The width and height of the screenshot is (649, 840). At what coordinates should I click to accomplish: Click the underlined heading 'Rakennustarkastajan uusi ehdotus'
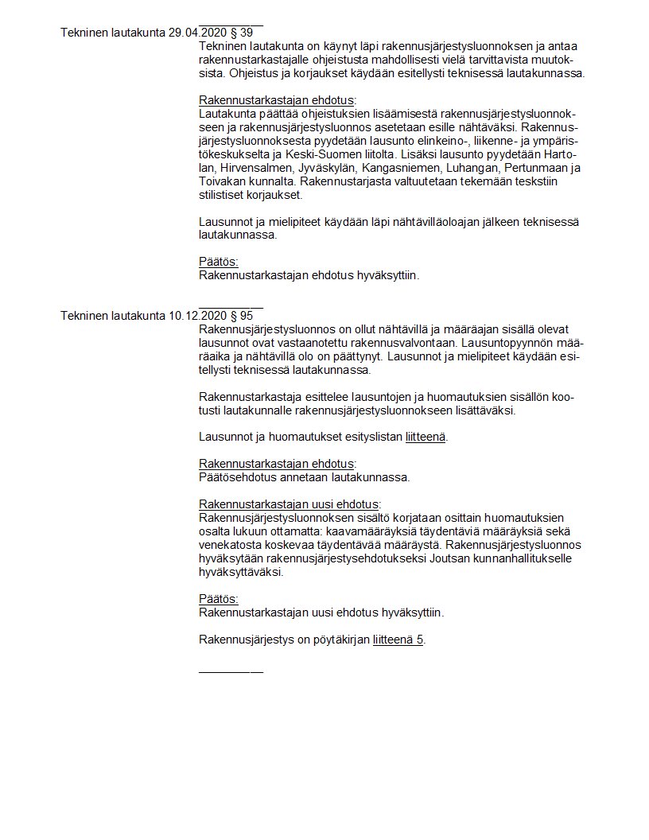[289, 504]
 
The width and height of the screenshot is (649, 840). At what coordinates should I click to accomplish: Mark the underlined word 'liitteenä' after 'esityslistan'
[426, 437]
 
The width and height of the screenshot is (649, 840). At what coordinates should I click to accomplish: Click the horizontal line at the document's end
[231, 673]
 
